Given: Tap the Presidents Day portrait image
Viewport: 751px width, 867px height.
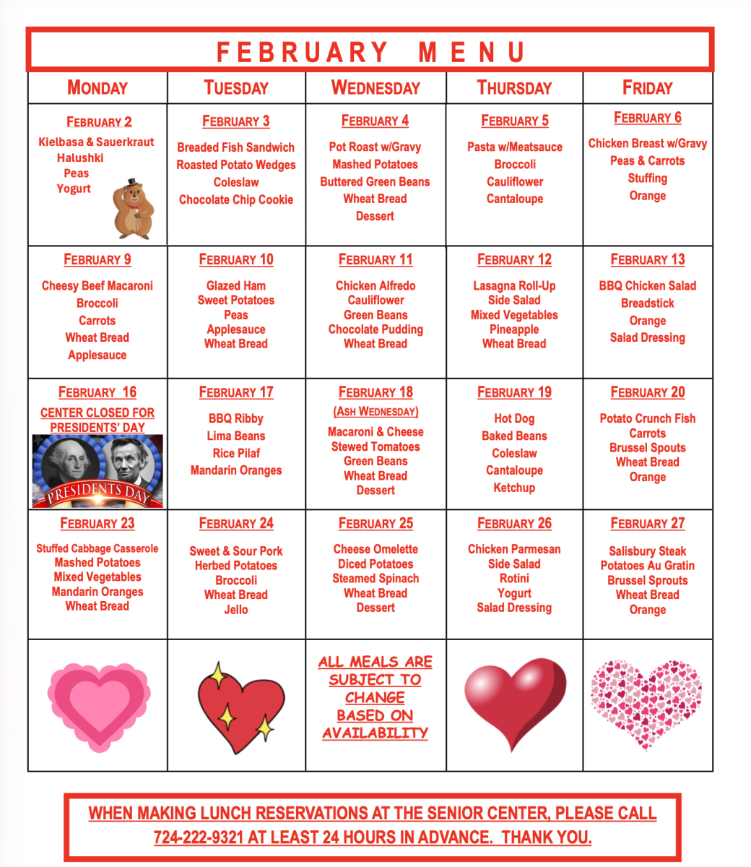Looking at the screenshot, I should [97, 470].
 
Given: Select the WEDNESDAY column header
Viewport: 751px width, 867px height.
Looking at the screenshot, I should [375, 88].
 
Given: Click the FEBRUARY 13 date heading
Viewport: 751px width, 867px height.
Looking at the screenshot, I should [648, 260].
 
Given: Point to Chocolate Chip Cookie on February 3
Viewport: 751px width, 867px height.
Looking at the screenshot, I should [236, 199].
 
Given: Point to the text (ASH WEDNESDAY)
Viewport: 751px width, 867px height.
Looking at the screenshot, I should [375, 412].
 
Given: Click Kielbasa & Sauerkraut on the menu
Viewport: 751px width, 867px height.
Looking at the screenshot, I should [96, 142].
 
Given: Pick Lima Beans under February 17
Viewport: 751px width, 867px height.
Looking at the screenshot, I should [236, 436].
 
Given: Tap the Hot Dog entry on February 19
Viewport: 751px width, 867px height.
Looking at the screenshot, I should [514, 419].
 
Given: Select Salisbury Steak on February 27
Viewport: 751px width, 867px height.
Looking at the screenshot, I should [648, 551].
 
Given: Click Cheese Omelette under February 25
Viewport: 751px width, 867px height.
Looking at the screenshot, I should [375, 550].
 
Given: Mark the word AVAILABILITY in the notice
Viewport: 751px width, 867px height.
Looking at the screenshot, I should [375, 733].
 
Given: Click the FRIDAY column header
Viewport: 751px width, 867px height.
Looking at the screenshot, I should [647, 88].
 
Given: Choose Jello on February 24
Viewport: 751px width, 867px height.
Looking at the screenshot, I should [236, 610].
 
